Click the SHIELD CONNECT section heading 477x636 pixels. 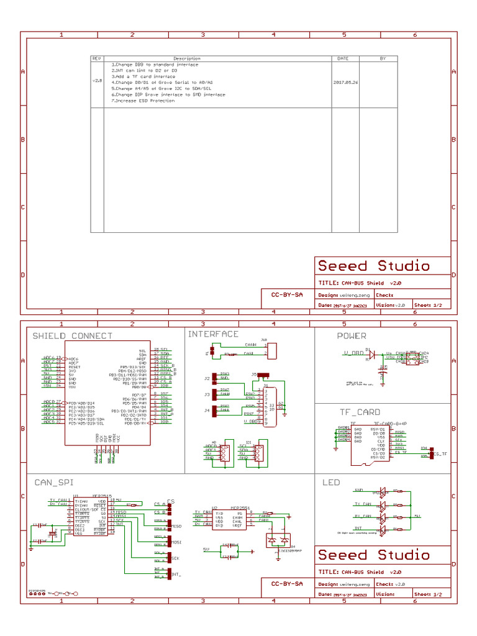click(x=73, y=336)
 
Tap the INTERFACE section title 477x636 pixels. click(x=213, y=334)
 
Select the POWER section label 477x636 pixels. click(x=352, y=336)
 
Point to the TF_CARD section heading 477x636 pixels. click(x=360, y=412)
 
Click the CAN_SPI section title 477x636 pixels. click(x=53, y=482)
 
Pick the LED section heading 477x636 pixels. click(x=331, y=482)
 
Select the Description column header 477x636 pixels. click(x=187, y=58)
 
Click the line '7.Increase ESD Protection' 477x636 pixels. click(x=143, y=101)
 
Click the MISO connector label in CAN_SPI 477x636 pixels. click(x=176, y=526)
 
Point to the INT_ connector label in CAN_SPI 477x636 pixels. click(x=176, y=574)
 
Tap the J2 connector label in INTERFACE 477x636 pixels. click(x=207, y=378)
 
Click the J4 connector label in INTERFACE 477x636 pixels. click(x=207, y=411)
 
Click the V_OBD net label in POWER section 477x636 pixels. click(x=354, y=353)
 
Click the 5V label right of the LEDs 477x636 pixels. click(x=418, y=516)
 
